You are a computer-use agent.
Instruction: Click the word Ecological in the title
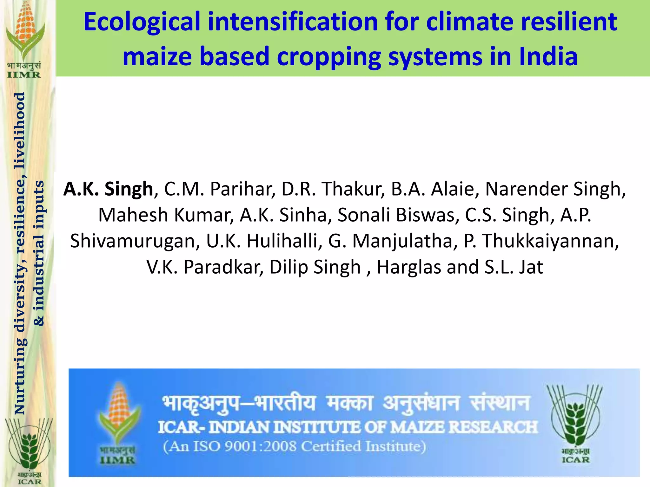pyautogui.click(x=142, y=22)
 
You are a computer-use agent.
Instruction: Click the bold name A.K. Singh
pyautogui.click(x=108, y=189)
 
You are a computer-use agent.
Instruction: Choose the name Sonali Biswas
pyautogui.click(x=398, y=215)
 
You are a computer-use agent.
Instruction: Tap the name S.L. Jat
pyautogui.click(x=514, y=267)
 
